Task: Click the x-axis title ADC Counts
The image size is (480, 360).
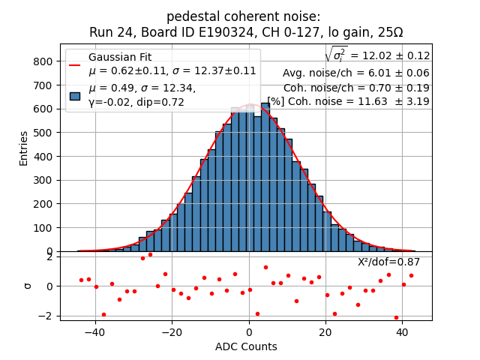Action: point(246,346)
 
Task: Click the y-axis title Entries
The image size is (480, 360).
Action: point(24,148)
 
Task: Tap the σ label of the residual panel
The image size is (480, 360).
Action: point(28,286)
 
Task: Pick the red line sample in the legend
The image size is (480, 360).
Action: point(75,64)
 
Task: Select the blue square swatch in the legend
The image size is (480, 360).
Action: point(75,95)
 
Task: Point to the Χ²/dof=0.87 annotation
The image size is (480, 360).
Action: point(388,262)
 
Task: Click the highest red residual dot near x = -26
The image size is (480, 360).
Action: point(150,254)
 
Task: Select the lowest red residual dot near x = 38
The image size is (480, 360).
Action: point(396,317)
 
